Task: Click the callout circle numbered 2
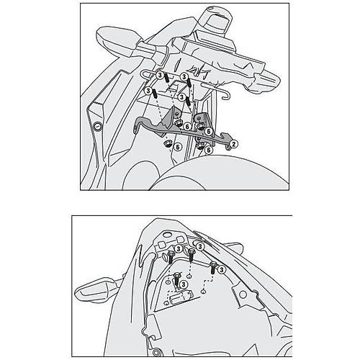tap(234, 143)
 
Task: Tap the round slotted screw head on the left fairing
tap(98, 126)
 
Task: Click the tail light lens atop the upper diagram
tap(216, 19)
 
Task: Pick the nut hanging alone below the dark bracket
tap(166, 144)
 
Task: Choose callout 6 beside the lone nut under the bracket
tap(177, 147)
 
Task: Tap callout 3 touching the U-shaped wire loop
tap(160, 75)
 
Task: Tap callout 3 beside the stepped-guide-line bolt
tap(222, 269)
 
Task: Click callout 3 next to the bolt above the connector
tap(184, 284)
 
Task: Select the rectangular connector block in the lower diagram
tap(181, 297)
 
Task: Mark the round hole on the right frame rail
tap(243, 294)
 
